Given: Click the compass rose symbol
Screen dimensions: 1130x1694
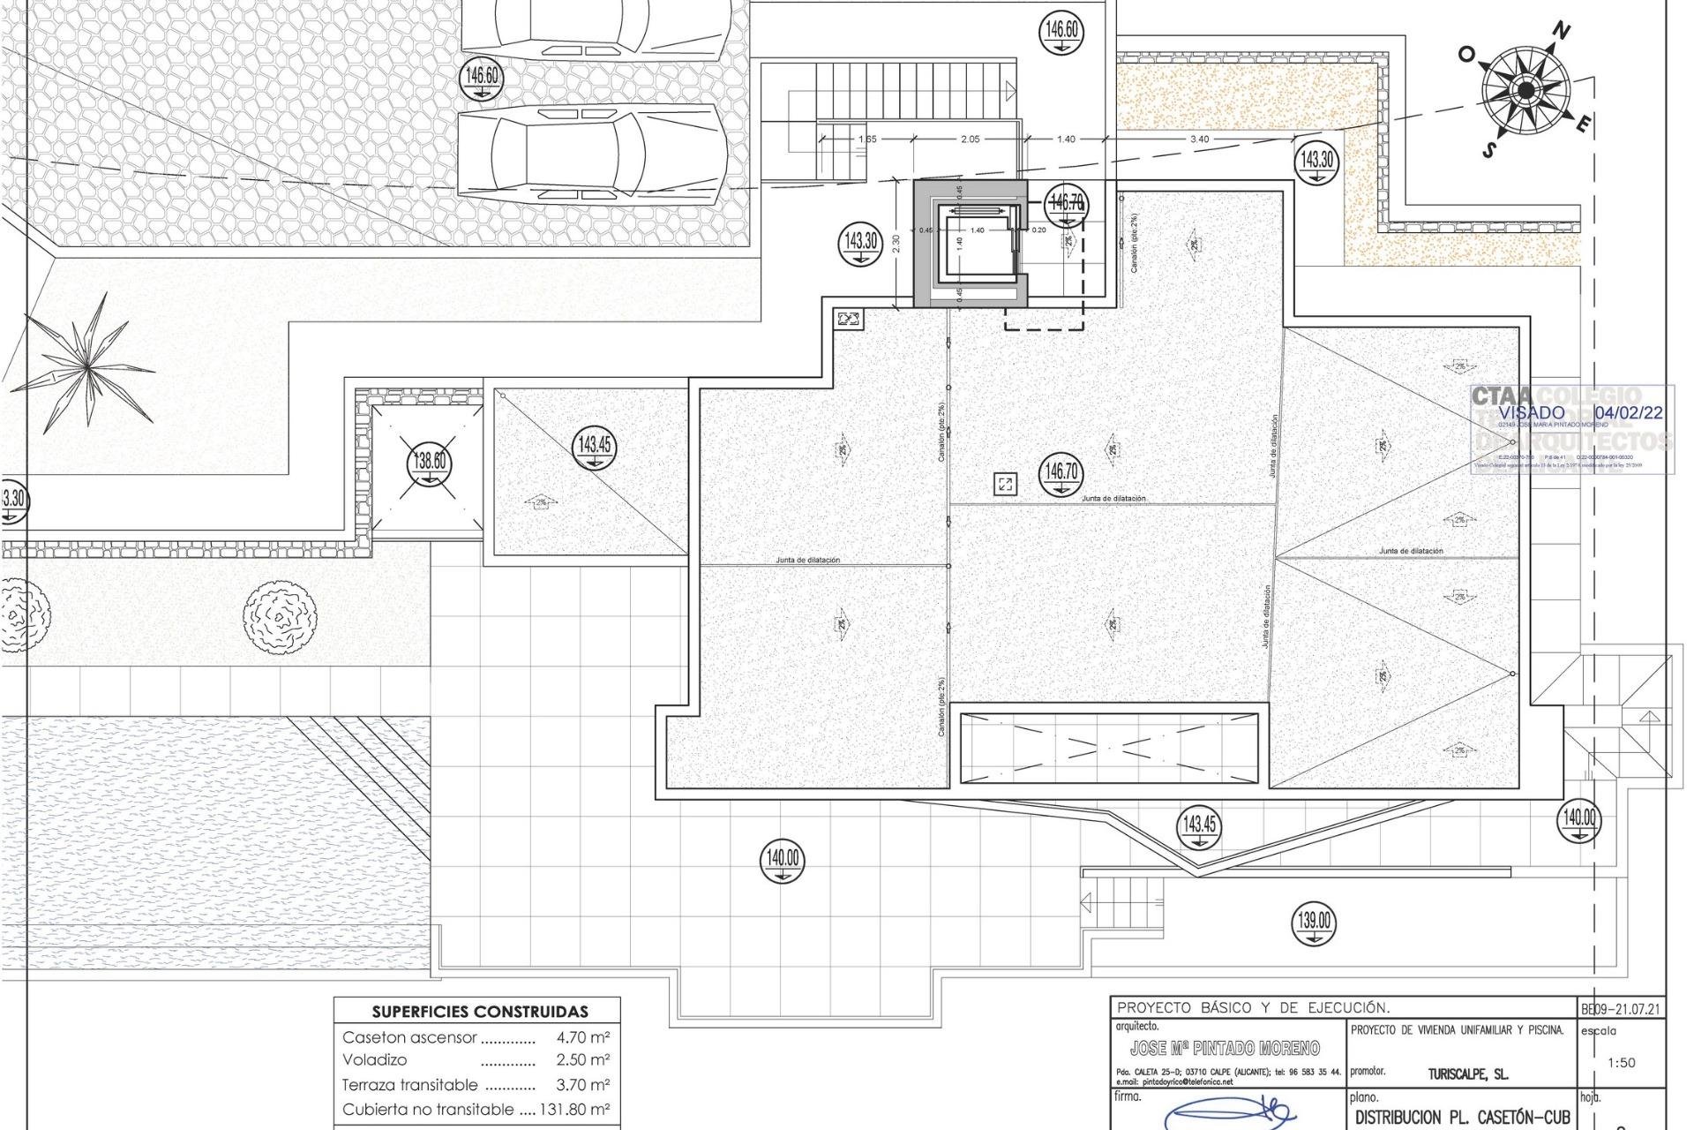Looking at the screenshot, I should (x=1526, y=90).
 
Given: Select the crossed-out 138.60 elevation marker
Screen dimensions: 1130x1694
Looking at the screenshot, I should (x=429, y=463).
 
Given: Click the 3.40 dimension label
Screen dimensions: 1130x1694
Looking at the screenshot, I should (x=1199, y=139).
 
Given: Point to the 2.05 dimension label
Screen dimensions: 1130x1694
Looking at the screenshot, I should (x=969, y=139).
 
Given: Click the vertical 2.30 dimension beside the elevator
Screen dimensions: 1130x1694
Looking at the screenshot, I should (x=897, y=243).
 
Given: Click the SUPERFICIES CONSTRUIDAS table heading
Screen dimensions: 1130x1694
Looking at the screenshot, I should (x=479, y=1012).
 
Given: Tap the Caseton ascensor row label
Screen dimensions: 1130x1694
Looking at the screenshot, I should (x=409, y=1037).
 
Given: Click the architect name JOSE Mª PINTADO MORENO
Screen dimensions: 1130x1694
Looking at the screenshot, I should (x=1225, y=1048).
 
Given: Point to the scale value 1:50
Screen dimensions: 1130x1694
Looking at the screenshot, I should (x=1622, y=1062).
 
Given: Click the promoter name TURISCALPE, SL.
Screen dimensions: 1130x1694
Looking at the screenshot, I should (x=1467, y=1074).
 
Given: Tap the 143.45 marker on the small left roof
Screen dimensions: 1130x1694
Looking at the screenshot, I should (x=594, y=447).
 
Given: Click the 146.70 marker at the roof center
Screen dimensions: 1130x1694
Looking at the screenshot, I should (x=1061, y=473).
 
